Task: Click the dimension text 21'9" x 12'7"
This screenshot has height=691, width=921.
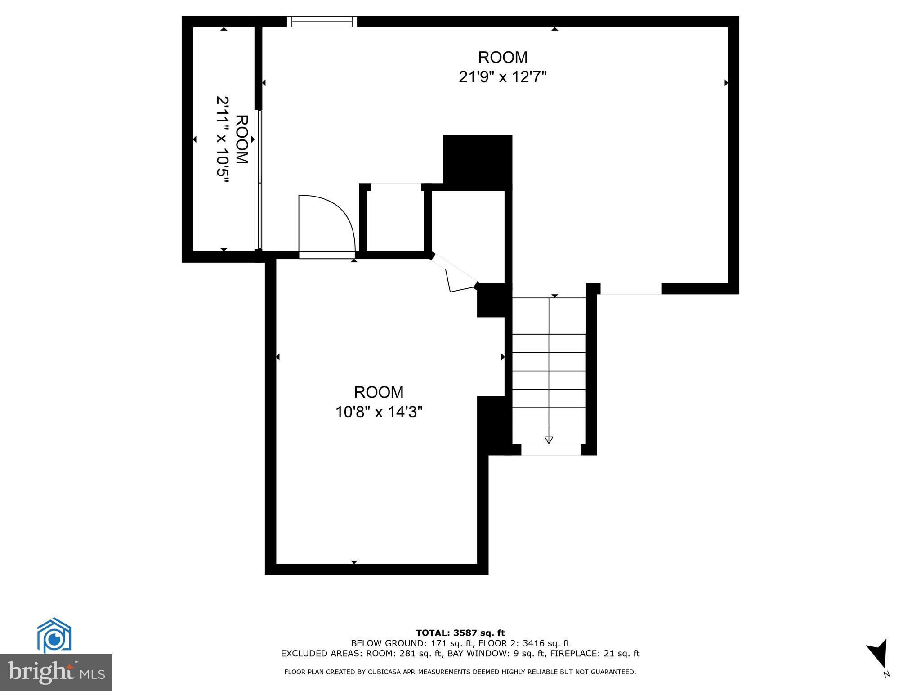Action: [x=502, y=77]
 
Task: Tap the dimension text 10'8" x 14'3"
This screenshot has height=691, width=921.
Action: [x=379, y=412]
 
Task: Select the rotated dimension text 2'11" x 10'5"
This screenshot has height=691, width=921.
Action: [x=223, y=139]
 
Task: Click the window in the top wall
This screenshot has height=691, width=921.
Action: [x=322, y=22]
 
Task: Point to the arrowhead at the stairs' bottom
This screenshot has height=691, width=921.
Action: [x=549, y=440]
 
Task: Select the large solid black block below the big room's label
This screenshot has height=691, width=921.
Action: [x=477, y=162]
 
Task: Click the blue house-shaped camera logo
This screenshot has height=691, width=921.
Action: [x=54, y=635]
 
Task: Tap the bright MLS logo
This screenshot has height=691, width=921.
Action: [x=56, y=672]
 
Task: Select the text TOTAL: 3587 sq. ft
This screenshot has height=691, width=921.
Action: [x=460, y=633]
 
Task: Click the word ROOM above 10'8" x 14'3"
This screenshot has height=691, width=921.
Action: [x=379, y=392]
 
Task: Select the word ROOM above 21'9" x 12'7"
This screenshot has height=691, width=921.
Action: [x=502, y=58]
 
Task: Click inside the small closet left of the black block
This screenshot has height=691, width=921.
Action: [x=395, y=220]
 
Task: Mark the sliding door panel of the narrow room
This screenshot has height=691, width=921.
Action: [x=259, y=180]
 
